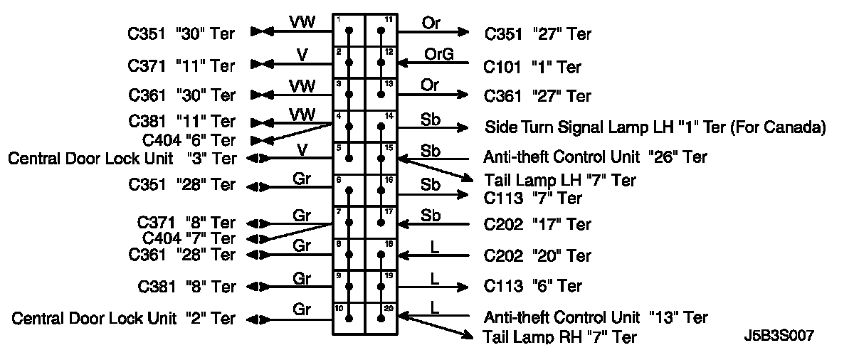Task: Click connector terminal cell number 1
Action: pyautogui.click(x=349, y=31)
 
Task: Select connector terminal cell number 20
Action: pyautogui.click(x=381, y=318)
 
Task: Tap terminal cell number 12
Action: pyautogui.click(x=381, y=63)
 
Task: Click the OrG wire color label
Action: pyautogui.click(x=438, y=54)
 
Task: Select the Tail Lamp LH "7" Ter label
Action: pyautogui.click(x=559, y=181)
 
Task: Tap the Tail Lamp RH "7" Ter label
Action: pyautogui.click(x=560, y=337)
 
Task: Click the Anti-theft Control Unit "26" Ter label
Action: pyautogui.click(x=596, y=157)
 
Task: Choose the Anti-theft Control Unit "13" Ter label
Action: pyautogui.click(x=596, y=317)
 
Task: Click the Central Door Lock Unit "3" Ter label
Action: pyautogui.click(x=122, y=158)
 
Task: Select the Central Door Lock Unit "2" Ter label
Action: pyautogui.click(x=123, y=319)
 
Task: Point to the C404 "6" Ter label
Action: pyautogui.click(x=190, y=140)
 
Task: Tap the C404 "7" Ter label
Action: pyautogui.click(x=189, y=238)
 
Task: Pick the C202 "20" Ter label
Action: pyautogui.click(x=537, y=255)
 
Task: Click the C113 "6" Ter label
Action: pyautogui.click(x=533, y=286)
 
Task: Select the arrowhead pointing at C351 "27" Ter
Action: pyautogui.click(x=463, y=31)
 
